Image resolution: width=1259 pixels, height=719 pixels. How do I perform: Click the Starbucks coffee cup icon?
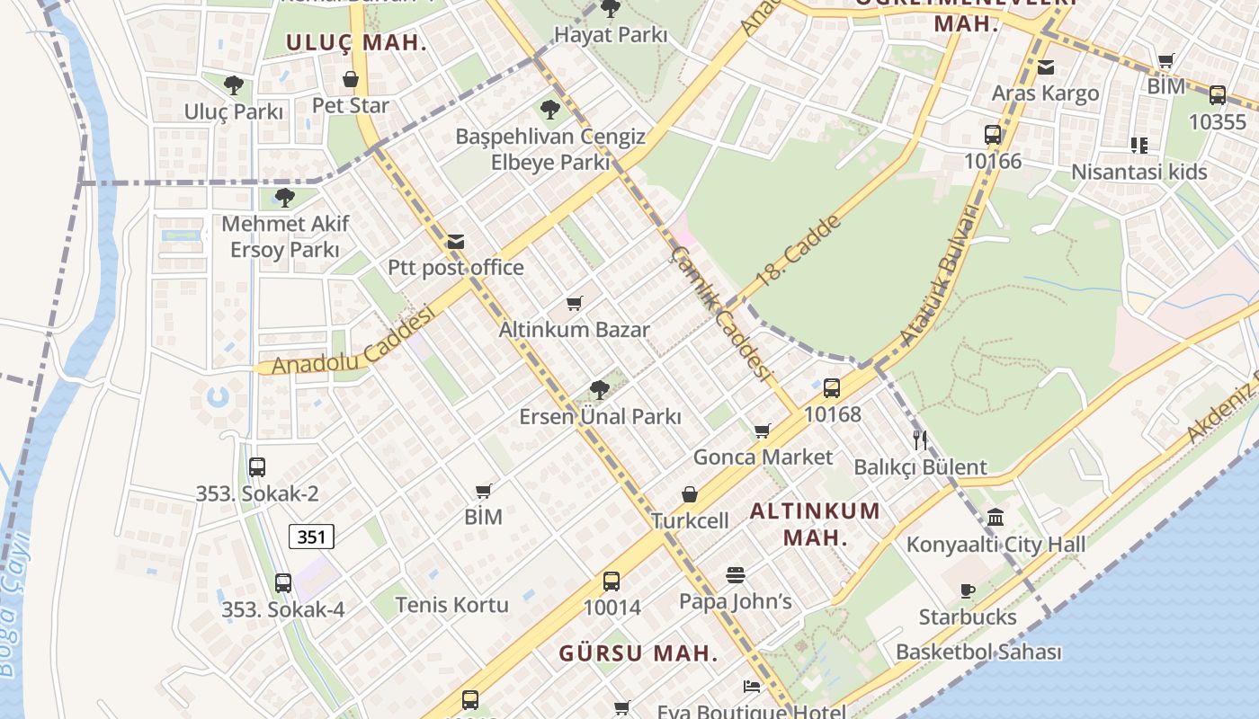[968, 590]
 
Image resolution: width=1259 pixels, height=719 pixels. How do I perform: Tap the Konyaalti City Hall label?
[996, 544]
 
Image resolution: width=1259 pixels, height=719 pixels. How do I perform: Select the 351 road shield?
[311, 537]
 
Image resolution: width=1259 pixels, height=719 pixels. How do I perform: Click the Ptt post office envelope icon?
[456, 242]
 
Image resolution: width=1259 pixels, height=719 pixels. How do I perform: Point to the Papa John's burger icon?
[736, 575]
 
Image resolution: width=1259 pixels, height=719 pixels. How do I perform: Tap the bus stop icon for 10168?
[832, 388]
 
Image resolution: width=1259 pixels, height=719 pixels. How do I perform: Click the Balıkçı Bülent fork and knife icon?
[919, 440]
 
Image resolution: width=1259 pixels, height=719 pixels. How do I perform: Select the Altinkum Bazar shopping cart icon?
[575, 304]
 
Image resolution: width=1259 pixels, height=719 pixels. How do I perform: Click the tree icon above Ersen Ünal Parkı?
[600, 390]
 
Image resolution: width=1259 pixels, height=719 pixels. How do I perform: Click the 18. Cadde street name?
[799, 251]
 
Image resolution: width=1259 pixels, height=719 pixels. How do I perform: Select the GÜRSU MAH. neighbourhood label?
[638, 653]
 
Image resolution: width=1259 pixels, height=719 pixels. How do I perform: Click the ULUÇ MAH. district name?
[357, 42]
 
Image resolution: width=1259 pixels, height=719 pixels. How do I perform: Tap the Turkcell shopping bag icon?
[690, 494]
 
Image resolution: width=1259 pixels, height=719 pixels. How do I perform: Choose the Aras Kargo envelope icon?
[1045, 67]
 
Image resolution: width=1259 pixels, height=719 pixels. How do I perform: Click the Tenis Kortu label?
[451, 605]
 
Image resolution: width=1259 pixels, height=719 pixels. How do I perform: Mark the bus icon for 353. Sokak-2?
[257, 467]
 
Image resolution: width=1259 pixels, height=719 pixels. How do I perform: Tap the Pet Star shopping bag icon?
[351, 80]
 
